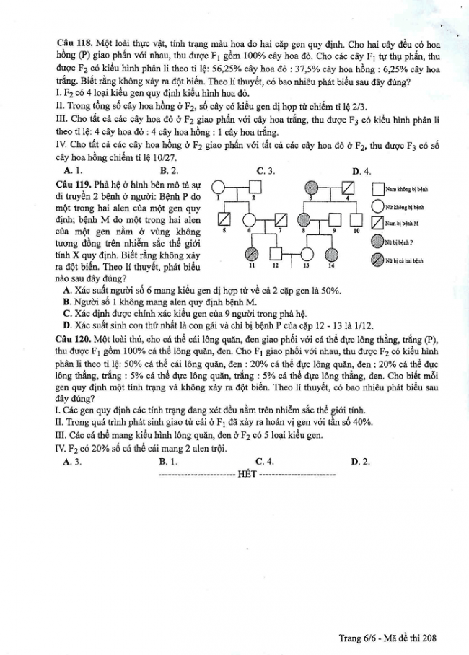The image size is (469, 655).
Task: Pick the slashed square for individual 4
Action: (x=346, y=188)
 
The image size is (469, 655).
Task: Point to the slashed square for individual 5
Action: (x=224, y=219)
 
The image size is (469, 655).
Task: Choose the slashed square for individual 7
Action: (x=281, y=219)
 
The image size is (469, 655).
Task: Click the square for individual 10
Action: (x=356, y=219)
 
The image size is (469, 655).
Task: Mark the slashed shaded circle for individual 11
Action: (x=252, y=254)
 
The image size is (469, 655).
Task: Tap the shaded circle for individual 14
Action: (x=331, y=254)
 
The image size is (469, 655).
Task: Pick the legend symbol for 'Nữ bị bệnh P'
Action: (x=378, y=241)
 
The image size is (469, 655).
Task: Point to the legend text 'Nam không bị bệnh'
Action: (x=407, y=189)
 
